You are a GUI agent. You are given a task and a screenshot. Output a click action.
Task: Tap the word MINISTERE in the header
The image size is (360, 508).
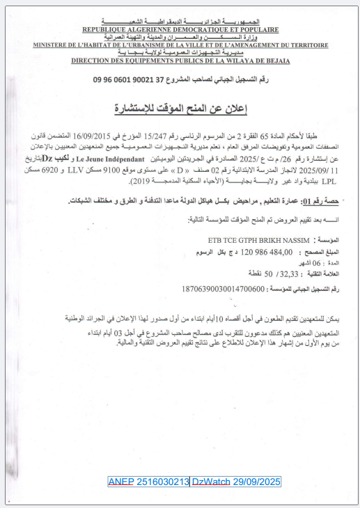point(53,45)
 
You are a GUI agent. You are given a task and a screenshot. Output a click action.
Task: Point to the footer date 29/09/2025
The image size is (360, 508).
point(257,482)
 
